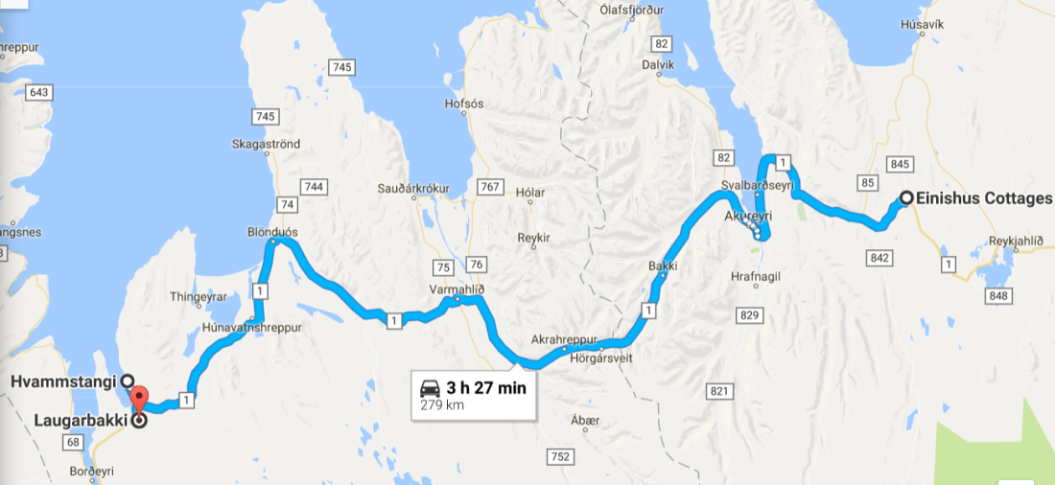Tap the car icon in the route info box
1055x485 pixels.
click(430, 388)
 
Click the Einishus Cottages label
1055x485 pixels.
click(984, 198)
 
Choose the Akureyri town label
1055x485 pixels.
click(747, 217)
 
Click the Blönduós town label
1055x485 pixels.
click(273, 232)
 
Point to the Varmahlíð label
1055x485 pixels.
click(457, 288)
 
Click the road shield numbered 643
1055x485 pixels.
click(39, 92)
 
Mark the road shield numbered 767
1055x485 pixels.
click(488, 186)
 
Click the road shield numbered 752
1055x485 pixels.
click(561, 458)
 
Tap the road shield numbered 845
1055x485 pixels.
click(900, 164)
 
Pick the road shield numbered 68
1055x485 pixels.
click(72, 442)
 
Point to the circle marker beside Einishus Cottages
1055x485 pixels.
click(905, 198)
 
